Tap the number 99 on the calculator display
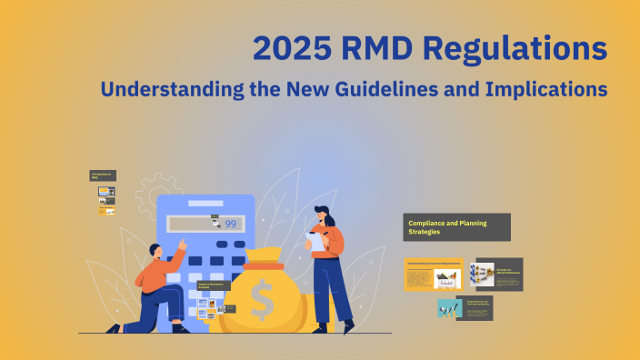point(230,224)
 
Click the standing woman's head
point(323,216)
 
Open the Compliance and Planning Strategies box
point(456,227)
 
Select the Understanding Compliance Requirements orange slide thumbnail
point(433,274)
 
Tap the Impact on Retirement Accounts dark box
point(214,285)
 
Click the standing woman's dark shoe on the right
point(346,324)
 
